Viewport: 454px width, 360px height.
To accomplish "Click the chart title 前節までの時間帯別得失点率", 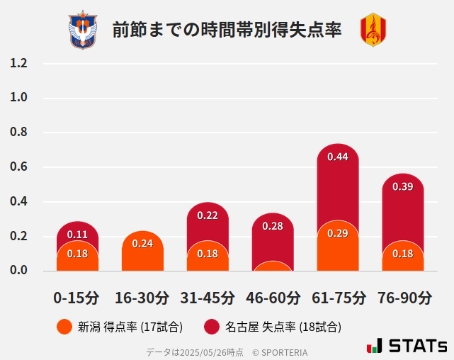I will (x=227, y=30).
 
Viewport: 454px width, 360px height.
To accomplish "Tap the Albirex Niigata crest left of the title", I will (x=82, y=30).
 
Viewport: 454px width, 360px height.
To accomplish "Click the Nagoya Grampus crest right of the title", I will (x=373, y=30).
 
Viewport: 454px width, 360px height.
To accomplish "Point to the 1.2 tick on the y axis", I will (x=18, y=63).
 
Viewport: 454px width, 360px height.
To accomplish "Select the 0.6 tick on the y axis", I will (x=18, y=167).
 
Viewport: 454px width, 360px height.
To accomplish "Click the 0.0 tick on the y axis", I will (x=18, y=270).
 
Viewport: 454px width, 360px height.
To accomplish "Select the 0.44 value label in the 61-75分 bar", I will (x=338, y=157).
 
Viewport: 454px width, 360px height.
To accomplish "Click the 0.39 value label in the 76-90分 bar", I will (x=403, y=187).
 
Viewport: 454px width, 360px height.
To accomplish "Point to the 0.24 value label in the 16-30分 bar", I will (x=142, y=244).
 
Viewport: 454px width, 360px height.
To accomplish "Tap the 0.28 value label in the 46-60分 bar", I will (x=273, y=226).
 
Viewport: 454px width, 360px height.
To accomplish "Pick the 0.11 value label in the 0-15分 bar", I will (x=77, y=235).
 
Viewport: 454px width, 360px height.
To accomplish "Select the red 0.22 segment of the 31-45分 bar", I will (x=208, y=223).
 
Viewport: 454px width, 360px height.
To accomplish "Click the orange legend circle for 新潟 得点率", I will (x=64, y=327).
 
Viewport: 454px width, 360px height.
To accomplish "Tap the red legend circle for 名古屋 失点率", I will (x=212, y=327).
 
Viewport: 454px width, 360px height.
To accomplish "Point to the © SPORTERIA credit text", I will (x=280, y=352).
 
